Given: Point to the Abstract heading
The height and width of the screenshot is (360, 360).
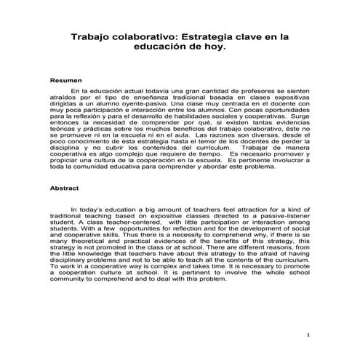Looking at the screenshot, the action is (64, 187).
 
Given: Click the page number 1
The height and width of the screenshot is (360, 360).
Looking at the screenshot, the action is (308, 335).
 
